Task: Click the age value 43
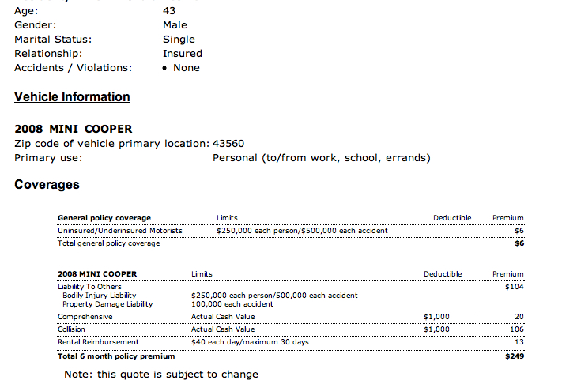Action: click(169, 11)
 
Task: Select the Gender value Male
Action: click(175, 25)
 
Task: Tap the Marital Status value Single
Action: click(179, 40)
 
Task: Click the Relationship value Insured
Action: click(183, 54)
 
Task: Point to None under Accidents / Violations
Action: click(186, 68)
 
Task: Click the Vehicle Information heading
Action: click(72, 97)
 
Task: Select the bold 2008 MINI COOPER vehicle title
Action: click(74, 129)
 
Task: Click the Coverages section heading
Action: click(47, 185)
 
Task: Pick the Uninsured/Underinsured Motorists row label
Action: click(120, 231)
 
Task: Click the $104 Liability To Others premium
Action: click(514, 287)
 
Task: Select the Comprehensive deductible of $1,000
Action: click(436, 317)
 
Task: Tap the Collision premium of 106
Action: click(517, 329)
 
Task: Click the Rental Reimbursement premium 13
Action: click(519, 342)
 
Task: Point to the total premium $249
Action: click(515, 356)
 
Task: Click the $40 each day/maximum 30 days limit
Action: click(250, 342)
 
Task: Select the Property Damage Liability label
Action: click(107, 304)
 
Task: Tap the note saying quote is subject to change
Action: click(161, 374)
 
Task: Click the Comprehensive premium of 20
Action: click(519, 317)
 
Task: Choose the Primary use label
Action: click(48, 158)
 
